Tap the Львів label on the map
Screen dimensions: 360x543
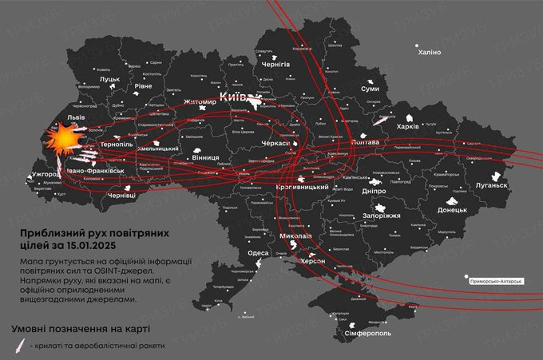[54, 117]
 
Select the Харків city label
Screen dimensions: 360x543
[407, 126]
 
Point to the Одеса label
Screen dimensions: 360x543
[259, 252]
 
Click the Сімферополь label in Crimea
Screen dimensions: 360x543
[367, 331]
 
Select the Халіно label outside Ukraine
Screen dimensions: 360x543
[430, 52]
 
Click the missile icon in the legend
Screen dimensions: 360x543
[18, 346]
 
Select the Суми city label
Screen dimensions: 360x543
[371, 89]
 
